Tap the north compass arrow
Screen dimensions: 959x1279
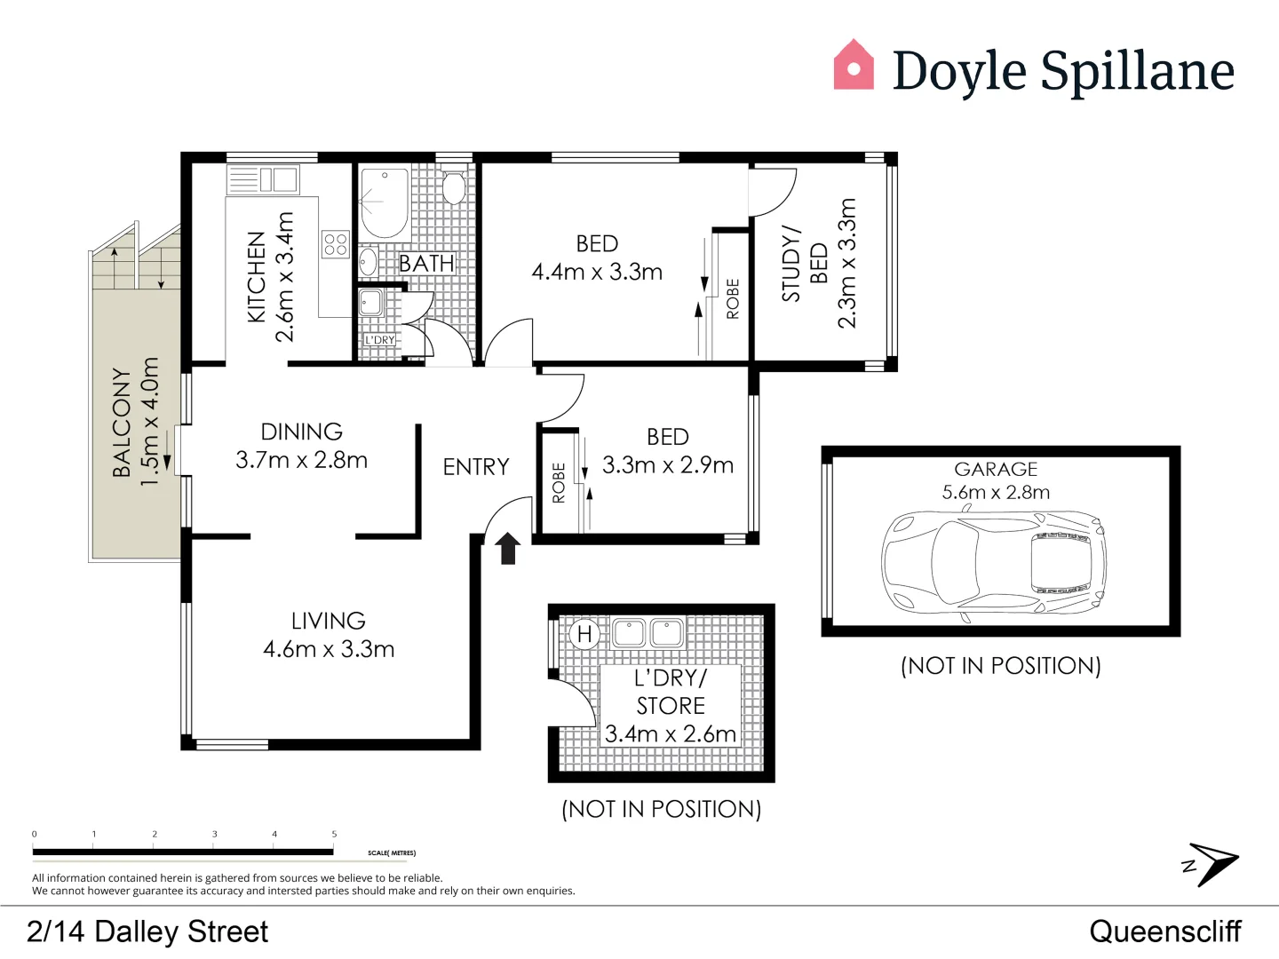click(1212, 863)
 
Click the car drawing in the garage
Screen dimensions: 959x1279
click(994, 562)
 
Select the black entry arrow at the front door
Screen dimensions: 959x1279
click(507, 548)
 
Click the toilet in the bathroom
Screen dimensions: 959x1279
click(454, 187)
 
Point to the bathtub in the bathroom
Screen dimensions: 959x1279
click(384, 202)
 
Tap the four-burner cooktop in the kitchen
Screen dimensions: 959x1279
click(335, 243)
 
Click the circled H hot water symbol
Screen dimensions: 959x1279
click(584, 634)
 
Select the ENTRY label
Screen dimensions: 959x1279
click(476, 467)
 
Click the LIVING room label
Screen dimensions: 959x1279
click(328, 621)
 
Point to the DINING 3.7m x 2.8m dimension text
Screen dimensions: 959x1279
click(301, 460)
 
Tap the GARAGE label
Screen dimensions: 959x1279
click(996, 469)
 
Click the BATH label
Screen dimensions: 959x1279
click(426, 264)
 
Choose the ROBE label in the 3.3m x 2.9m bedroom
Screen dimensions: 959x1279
click(559, 482)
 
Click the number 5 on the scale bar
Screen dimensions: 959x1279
click(334, 834)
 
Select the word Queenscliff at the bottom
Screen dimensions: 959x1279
click(1164, 931)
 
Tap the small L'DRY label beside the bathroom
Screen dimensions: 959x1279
click(380, 340)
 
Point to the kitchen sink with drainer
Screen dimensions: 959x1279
click(263, 179)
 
